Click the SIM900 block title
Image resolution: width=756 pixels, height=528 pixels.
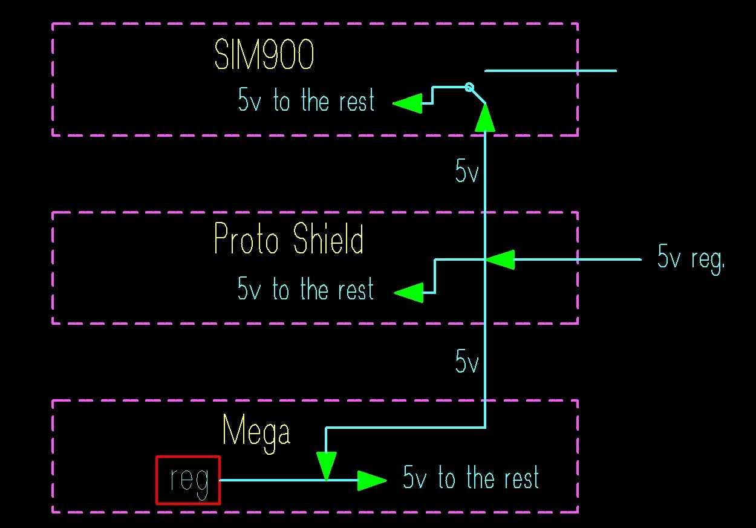265,57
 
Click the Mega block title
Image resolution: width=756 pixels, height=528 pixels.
256,431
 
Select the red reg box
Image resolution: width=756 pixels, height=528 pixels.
188,480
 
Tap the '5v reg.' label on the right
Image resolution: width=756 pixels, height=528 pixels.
691,259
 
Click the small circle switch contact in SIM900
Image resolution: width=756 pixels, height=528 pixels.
469,87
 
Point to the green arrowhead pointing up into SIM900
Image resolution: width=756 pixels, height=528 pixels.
485,118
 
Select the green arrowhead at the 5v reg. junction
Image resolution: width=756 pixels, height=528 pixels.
500,259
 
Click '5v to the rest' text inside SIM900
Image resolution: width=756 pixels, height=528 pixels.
306,100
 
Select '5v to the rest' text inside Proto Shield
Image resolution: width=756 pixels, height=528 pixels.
306,289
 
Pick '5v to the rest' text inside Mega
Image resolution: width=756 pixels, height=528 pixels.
471,478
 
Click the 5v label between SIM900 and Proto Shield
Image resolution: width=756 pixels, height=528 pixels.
467,172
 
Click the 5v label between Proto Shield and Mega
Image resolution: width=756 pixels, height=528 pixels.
467,362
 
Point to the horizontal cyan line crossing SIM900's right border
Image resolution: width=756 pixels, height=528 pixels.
550,71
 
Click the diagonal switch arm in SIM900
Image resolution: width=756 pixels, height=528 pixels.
478,96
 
